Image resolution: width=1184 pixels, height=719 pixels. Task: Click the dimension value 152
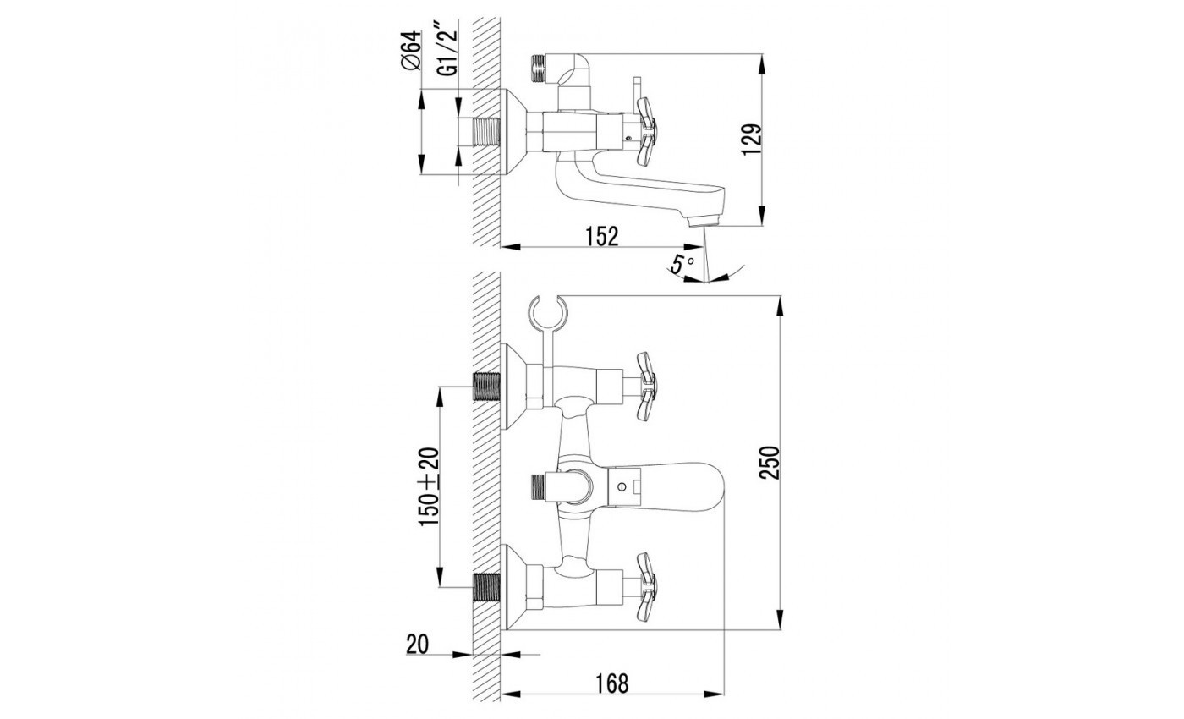pos(602,236)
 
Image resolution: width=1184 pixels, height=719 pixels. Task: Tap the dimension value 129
pos(752,140)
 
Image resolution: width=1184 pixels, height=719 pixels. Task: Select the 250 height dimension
pos(769,463)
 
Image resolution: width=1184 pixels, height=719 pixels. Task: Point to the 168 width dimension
pos(612,683)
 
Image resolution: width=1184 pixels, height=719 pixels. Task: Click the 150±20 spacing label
pos(429,486)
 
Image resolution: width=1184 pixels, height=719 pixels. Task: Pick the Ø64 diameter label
pos(411,50)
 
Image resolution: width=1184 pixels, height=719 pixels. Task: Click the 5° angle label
pos(682,263)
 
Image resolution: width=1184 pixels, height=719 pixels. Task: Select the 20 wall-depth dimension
pos(417,645)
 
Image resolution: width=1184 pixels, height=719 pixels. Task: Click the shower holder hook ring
pos(548,312)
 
